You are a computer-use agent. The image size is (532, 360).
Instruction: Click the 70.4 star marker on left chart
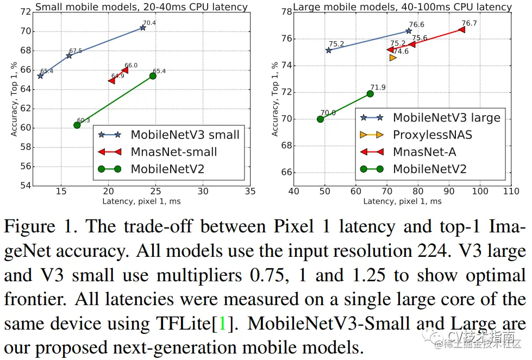[x=142, y=27]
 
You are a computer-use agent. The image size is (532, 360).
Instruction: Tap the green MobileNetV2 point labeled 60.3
[x=77, y=125]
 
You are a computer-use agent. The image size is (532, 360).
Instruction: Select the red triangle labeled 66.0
[x=125, y=70]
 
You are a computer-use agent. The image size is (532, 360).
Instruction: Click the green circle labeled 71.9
[x=370, y=93]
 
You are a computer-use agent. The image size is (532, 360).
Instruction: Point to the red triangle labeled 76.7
[x=462, y=29]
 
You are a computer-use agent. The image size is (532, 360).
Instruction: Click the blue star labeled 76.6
[x=409, y=31]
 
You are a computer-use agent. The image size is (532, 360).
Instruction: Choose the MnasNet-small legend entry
[x=173, y=152]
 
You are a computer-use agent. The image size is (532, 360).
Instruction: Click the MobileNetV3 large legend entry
[x=446, y=117]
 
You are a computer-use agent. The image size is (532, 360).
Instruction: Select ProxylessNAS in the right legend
[x=433, y=135]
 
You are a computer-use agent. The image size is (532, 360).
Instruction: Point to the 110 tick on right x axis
[x=511, y=191]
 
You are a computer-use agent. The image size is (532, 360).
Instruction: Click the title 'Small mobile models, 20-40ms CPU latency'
[x=141, y=7]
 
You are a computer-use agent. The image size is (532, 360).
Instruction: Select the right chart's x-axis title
[x=402, y=201]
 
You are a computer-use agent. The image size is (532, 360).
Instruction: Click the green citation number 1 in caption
[x=221, y=324]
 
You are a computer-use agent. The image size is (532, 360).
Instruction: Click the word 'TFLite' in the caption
[x=183, y=324]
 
